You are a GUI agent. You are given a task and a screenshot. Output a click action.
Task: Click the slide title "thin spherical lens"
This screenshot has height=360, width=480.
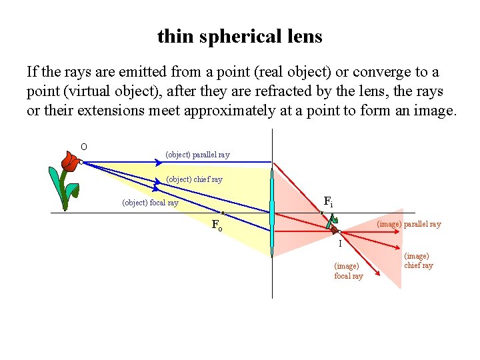click(x=240, y=36)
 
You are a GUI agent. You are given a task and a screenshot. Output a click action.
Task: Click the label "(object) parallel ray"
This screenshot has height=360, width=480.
click(x=197, y=155)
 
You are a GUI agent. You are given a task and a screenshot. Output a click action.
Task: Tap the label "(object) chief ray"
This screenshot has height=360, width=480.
click(x=194, y=179)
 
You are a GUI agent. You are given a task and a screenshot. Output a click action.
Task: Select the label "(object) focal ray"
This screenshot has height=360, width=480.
click(x=150, y=203)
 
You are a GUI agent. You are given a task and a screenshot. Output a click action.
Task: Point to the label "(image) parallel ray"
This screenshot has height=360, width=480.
click(x=409, y=224)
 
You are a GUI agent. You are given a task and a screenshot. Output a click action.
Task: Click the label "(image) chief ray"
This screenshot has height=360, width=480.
click(x=419, y=261)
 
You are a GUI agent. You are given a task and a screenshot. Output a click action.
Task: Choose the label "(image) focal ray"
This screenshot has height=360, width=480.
click(x=348, y=271)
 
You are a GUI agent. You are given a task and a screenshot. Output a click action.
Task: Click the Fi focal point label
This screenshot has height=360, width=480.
click(x=328, y=201)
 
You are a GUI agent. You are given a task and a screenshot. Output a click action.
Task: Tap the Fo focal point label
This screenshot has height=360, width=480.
click(x=217, y=225)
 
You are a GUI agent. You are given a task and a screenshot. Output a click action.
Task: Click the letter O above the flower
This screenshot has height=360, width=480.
click(x=84, y=147)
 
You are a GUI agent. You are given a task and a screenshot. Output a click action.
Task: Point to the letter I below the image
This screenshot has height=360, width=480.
click(x=340, y=244)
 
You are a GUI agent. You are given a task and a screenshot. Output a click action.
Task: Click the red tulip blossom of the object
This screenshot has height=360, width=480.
click(x=69, y=160)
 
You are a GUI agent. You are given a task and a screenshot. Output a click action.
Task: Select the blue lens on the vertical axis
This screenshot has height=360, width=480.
click(x=272, y=212)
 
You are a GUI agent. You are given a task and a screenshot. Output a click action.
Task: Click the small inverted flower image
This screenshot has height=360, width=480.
click(x=333, y=224)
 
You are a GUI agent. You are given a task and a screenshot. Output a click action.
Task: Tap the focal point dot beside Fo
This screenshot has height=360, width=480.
click(x=222, y=213)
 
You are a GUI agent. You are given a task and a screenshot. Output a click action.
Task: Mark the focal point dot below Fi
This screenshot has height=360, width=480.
click(x=322, y=213)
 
